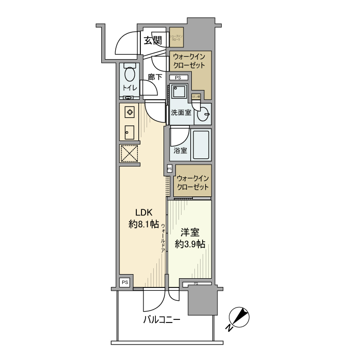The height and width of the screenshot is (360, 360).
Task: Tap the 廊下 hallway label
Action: [155, 77]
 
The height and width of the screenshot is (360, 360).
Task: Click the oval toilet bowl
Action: [130, 74]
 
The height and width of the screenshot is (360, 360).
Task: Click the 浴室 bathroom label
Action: [180, 151]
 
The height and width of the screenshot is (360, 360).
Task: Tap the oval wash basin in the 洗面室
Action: [205, 114]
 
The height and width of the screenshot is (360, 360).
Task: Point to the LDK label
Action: [144, 212]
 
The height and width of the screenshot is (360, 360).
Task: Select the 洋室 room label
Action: [189, 232]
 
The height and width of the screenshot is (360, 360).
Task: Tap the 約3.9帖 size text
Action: [190, 244]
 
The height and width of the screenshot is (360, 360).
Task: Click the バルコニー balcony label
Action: [161, 320]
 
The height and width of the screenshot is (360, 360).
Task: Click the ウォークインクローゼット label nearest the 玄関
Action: [189, 61]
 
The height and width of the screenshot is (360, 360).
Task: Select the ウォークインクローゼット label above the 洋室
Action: [193, 183]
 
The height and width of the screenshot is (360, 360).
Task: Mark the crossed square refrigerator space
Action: [129, 154]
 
